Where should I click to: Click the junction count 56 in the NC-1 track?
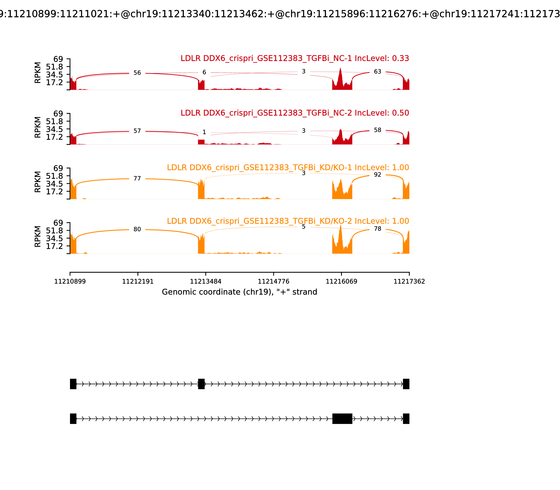pos(137,73)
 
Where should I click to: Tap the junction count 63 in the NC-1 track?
pos(377,72)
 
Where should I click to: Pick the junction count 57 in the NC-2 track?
pos(137,131)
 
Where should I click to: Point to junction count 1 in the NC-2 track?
pos(204,132)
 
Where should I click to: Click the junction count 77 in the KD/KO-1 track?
pos(137,178)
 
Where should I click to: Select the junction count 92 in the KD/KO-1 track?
pos(377,175)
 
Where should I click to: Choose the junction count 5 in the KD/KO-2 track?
pos(303,227)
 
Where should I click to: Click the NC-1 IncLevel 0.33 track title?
pos(295,58)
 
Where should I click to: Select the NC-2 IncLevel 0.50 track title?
pos(295,113)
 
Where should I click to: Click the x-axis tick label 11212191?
pos(138,281)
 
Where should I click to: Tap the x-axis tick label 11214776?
pos(273,281)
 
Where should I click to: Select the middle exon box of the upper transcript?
pos(201,384)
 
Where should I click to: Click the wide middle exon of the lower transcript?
pos(342,419)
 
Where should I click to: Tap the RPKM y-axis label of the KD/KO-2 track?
pos(38,237)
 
